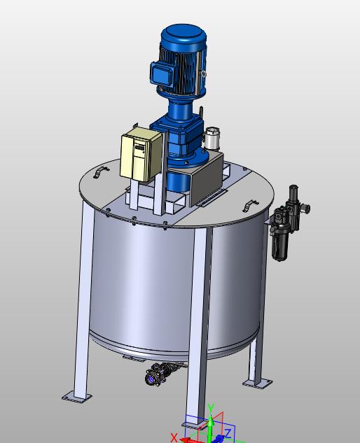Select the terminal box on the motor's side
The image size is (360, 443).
pyautogui.click(x=161, y=73)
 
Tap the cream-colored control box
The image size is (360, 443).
pyautogui.click(x=141, y=154)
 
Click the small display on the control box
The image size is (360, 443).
pyautogui.click(x=139, y=148)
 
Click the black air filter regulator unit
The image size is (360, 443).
pyautogui.click(x=289, y=223)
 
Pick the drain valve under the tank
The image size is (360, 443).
pyautogui.click(x=160, y=374)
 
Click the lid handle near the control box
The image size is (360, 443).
pyautogui.click(x=101, y=172)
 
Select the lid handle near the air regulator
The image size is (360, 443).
pyautogui.click(x=251, y=205)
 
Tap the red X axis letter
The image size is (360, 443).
pyautogui.click(x=174, y=438)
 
